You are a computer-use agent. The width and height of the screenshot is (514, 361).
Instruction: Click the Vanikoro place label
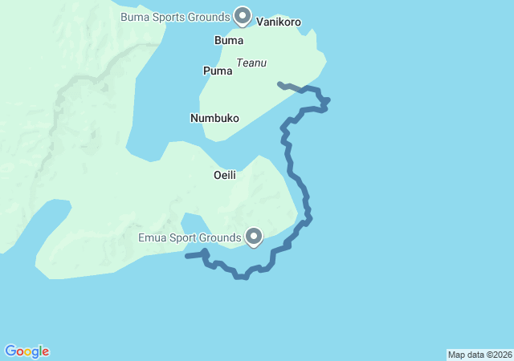click(279, 22)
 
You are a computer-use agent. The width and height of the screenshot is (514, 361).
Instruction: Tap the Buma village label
click(229, 39)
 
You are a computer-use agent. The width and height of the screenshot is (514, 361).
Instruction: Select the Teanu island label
click(251, 63)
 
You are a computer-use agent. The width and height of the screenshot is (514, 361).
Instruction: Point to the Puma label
click(217, 71)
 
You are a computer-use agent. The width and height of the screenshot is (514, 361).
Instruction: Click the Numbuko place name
click(214, 118)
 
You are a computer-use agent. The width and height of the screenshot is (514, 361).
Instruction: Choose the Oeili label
click(224, 175)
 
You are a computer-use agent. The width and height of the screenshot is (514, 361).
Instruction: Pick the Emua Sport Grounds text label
click(190, 237)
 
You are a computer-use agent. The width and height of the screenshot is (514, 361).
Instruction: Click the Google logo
click(27, 351)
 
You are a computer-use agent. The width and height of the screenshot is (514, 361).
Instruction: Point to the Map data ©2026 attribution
click(479, 355)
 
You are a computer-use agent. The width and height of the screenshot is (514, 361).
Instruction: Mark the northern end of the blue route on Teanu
click(279, 83)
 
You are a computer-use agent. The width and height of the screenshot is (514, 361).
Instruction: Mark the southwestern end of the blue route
click(186, 257)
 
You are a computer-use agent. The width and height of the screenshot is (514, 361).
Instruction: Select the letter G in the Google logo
click(11, 351)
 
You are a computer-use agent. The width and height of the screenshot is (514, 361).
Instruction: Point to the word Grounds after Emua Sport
click(222, 237)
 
